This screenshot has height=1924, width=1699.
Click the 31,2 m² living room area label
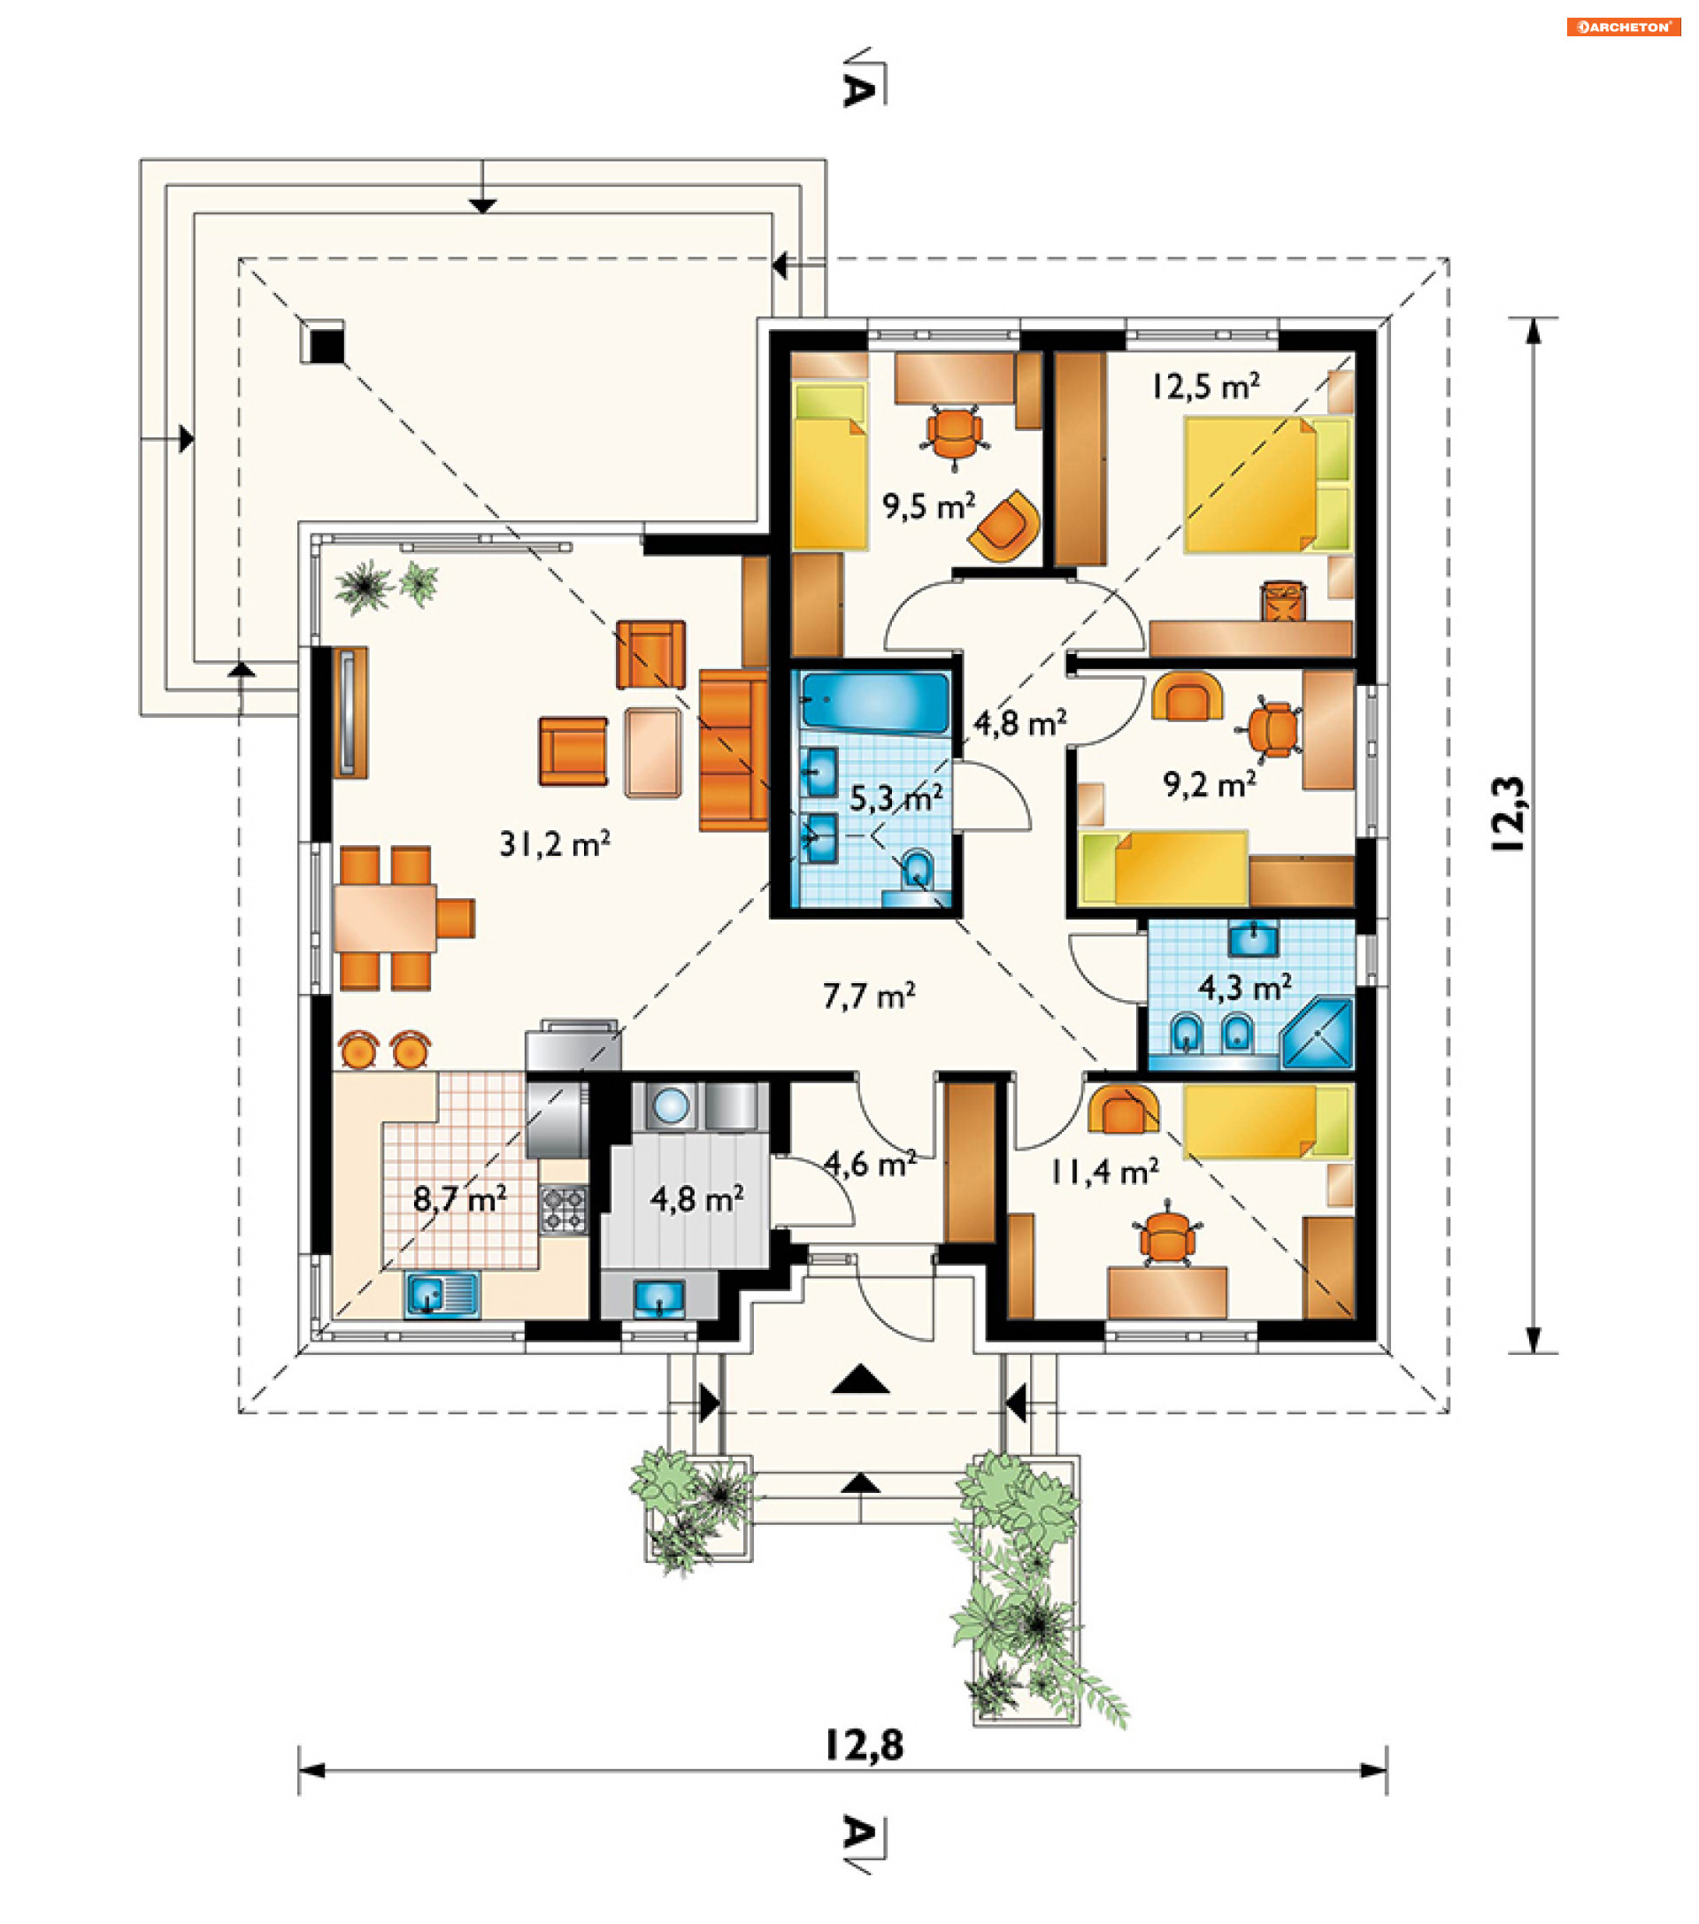click(x=555, y=843)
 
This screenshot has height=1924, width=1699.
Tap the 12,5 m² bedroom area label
click(x=1206, y=386)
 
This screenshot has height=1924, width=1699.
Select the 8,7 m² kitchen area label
click(x=460, y=1198)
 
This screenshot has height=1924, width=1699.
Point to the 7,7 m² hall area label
click(x=869, y=995)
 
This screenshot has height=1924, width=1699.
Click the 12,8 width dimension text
click(x=864, y=1745)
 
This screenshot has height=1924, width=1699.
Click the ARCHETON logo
click(x=1623, y=27)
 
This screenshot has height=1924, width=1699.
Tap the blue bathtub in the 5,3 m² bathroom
click(x=874, y=701)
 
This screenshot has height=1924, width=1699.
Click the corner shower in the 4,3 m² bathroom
click(x=1317, y=1034)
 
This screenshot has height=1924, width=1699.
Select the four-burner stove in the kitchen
click(x=563, y=1210)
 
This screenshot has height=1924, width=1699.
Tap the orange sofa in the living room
click(x=734, y=750)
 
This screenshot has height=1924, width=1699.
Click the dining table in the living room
click(x=385, y=918)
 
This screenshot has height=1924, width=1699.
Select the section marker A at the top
click(x=858, y=89)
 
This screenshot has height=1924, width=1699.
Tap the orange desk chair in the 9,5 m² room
click(x=955, y=433)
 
